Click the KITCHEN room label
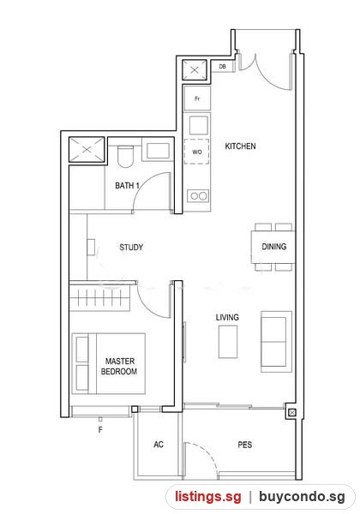(240, 146)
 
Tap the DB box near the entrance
(222, 66)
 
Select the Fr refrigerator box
(197, 98)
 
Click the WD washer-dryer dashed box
(197, 152)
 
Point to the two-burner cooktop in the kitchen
(198, 196)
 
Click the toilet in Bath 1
(126, 157)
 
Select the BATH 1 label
(127, 186)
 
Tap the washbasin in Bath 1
(158, 151)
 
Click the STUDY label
(131, 247)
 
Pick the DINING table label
(273, 247)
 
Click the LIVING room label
(227, 317)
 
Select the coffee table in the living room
(228, 341)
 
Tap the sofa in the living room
(276, 342)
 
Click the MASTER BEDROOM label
(119, 366)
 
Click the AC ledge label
(159, 444)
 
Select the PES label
(245, 445)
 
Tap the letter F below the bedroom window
(100, 429)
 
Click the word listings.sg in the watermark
(208, 496)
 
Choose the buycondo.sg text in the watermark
(302, 496)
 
